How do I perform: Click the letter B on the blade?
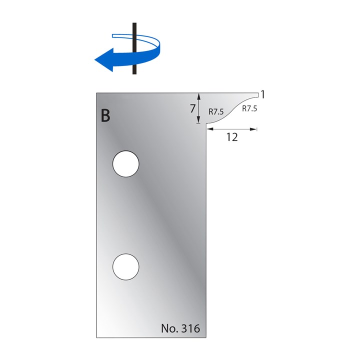pyautogui.click(x=105, y=115)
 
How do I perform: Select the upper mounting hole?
pyautogui.click(x=126, y=164)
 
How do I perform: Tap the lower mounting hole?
pyautogui.click(x=126, y=266)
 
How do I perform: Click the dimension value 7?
pyautogui.click(x=192, y=108)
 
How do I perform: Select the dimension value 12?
pyautogui.click(x=231, y=137)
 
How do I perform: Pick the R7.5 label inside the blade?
pyautogui.click(x=216, y=112)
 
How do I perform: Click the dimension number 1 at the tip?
pyautogui.click(x=262, y=94)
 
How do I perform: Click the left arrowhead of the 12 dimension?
pyautogui.click(x=208, y=129)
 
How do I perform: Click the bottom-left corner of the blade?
pyautogui.click(x=97, y=335)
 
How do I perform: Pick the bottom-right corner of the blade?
pyautogui.click(x=204, y=335)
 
